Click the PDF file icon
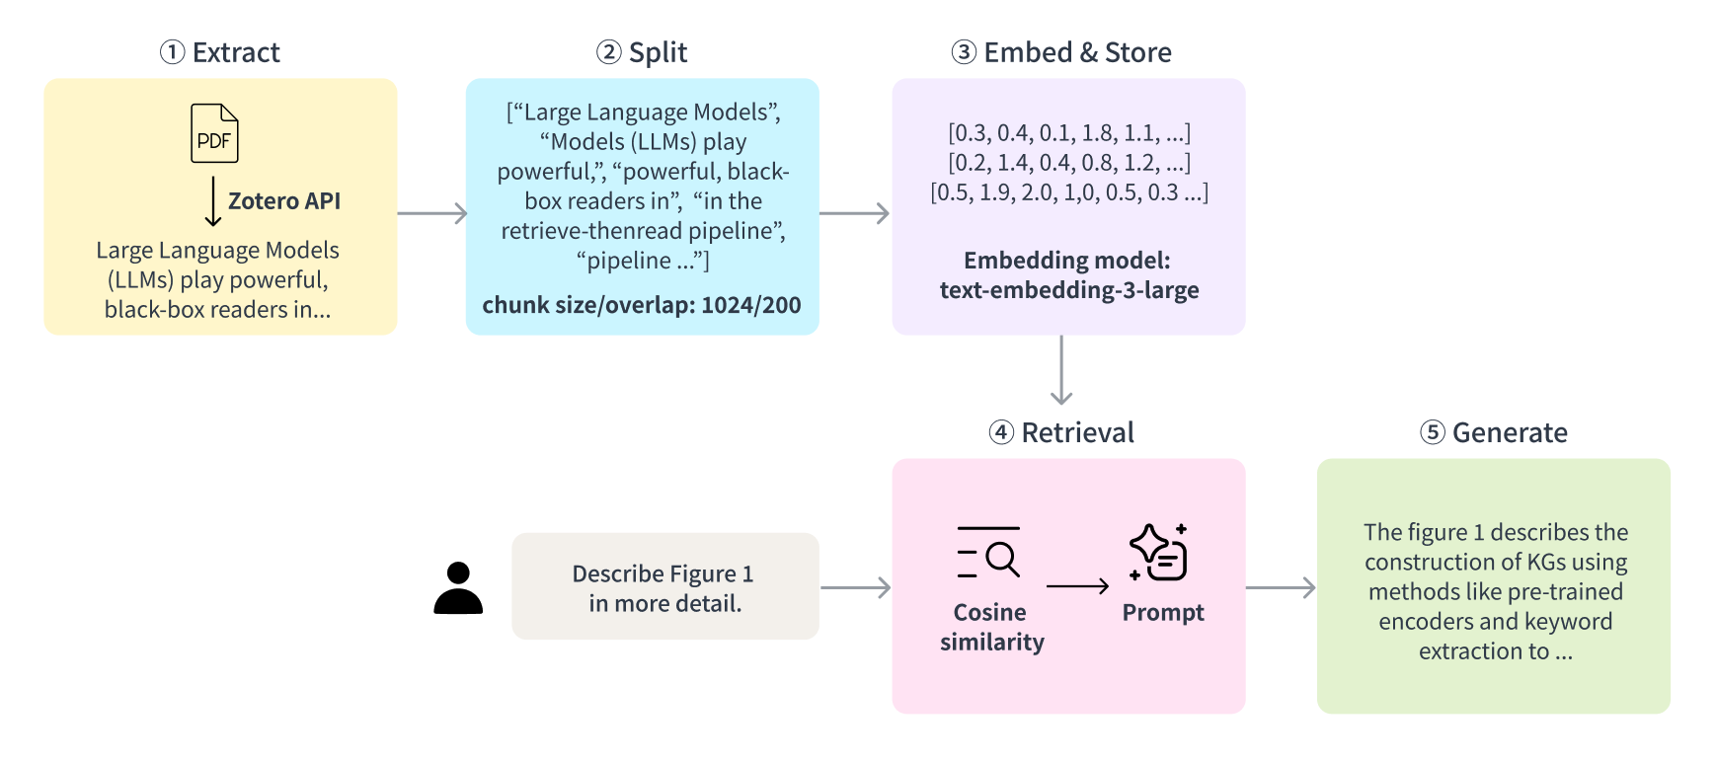214,133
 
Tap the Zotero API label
284,201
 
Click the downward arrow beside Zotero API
212,202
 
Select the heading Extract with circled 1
220,52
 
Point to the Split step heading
642,52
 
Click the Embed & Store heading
1061,52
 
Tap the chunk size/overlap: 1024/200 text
642,305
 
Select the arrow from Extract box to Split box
431,213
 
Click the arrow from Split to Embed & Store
854,213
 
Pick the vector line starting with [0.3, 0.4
1069,132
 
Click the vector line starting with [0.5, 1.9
1069,191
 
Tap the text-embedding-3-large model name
1069,290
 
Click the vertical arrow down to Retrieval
1061,370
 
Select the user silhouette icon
458,588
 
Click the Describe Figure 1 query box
664,587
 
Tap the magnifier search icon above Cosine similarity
989,553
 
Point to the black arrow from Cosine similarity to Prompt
1077,586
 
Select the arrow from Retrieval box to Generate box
1281,588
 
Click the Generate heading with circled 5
1494,432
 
